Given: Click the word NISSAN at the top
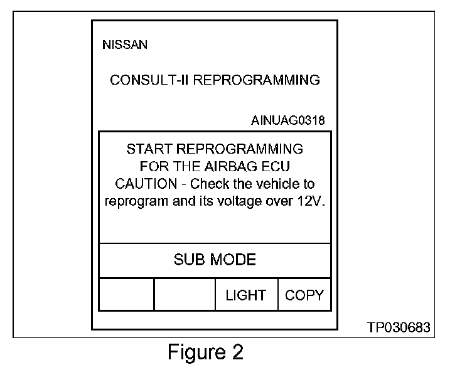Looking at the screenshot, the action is (x=124, y=45).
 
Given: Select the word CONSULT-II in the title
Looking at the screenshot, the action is (x=146, y=80).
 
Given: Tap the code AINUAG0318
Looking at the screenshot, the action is (x=288, y=120).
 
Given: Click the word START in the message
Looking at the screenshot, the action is (x=149, y=149).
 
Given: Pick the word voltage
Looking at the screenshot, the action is (x=245, y=202).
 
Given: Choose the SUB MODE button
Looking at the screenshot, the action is (x=215, y=260).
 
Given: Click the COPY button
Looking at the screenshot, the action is (x=304, y=295).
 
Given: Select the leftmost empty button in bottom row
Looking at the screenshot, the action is (x=126, y=295).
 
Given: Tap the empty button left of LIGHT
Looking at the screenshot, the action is (x=185, y=295).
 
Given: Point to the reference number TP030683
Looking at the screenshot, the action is (x=399, y=328).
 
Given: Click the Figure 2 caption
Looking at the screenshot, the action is (x=205, y=352).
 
